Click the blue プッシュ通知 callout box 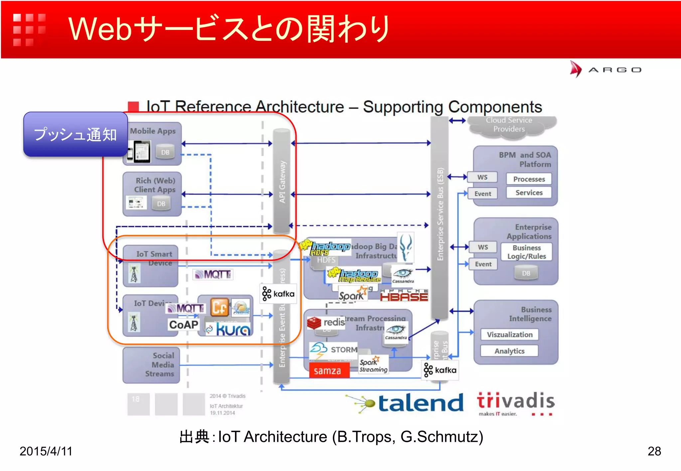(x=75, y=134)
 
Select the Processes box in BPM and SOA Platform (x=529, y=179)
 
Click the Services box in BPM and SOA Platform (x=529, y=193)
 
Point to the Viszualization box (x=509, y=334)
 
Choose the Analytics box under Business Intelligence (x=509, y=351)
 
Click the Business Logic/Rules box (x=526, y=252)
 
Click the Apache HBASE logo (x=404, y=295)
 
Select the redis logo (x=326, y=323)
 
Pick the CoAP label (x=183, y=325)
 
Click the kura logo (x=229, y=330)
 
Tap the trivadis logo (x=515, y=402)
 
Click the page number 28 (x=654, y=451)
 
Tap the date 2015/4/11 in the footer (x=46, y=451)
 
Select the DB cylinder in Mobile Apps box (x=165, y=152)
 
